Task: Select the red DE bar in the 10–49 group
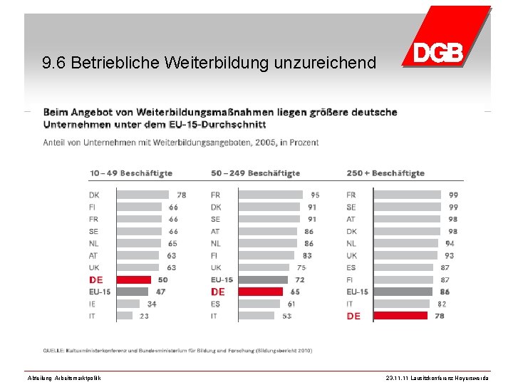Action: pos(133,279)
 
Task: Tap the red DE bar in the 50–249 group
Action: pos(260,292)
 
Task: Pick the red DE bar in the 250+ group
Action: pos(400,316)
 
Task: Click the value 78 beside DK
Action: pos(182,195)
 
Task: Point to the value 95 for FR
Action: pos(315,195)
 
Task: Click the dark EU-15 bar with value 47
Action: pos(132,292)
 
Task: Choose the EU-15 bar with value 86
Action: pos(403,292)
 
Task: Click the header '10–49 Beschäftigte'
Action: pos(131,173)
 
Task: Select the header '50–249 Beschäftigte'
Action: pos(256,173)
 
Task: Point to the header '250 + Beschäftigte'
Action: pos(385,173)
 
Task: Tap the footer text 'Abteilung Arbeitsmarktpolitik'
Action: pos(63,378)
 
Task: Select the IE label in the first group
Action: pos(93,304)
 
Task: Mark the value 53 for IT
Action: pos(286,316)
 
